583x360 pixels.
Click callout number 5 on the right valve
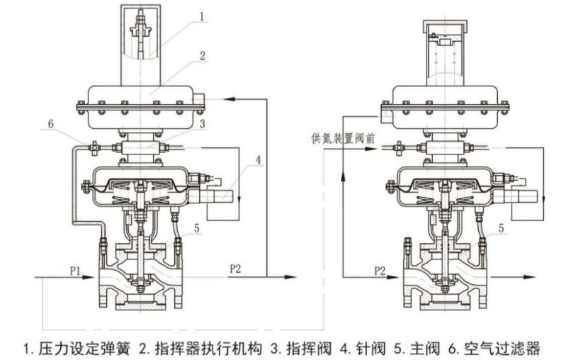click(502, 228)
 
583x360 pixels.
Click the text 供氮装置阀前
click(341, 135)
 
